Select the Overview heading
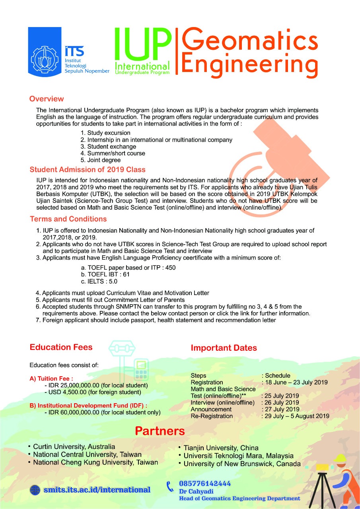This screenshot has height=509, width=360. click(x=47, y=99)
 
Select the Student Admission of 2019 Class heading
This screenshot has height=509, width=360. click(x=88, y=170)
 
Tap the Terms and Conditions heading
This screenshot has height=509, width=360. click(x=68, y=219)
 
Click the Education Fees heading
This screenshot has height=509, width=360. click(x=61, y=347)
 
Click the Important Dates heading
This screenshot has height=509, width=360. click(x=224, y=348)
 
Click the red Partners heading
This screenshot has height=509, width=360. click(x=160, y=431)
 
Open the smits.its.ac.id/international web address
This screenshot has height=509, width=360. click(x=97, y=490)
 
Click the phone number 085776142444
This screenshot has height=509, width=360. click(x=205, y=484)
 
